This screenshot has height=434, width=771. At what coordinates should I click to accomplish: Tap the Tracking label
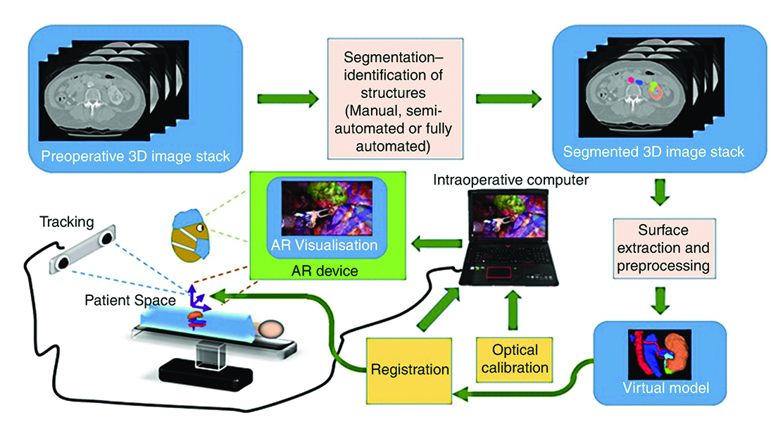click(68, 223)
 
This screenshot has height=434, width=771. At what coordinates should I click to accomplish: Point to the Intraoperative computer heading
click(510, 181)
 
